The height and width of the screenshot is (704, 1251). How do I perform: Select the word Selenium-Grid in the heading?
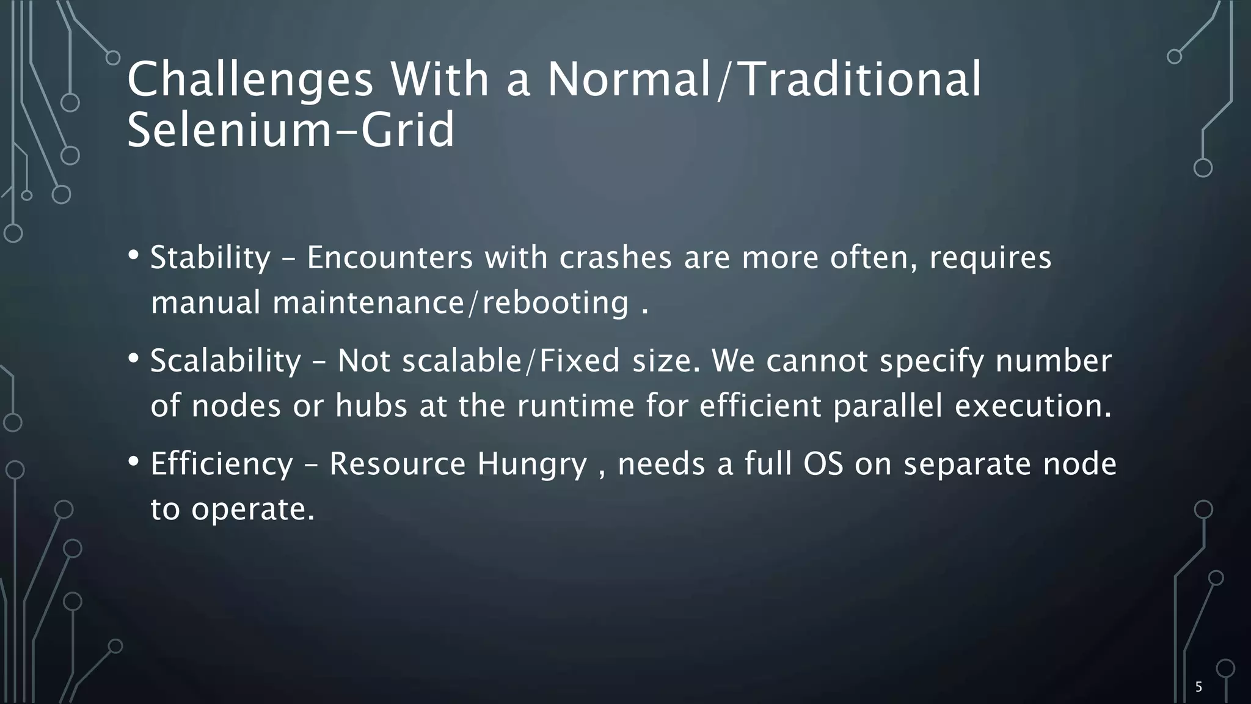coord(291,130)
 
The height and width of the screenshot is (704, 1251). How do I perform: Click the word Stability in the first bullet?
coord(210,258)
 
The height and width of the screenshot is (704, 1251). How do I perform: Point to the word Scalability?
coord(225,361)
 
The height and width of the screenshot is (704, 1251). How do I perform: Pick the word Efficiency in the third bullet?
coord(222,464)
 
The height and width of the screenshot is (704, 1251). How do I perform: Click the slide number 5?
coord(1198,687)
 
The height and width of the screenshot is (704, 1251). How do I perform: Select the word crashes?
coord(616,258)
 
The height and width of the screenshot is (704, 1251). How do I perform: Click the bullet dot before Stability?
coord(134,255)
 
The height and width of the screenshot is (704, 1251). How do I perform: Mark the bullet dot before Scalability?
coord(134,358)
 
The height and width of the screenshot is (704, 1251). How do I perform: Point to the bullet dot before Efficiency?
coord(134,461)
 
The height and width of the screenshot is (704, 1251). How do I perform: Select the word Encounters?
coord(390,258)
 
